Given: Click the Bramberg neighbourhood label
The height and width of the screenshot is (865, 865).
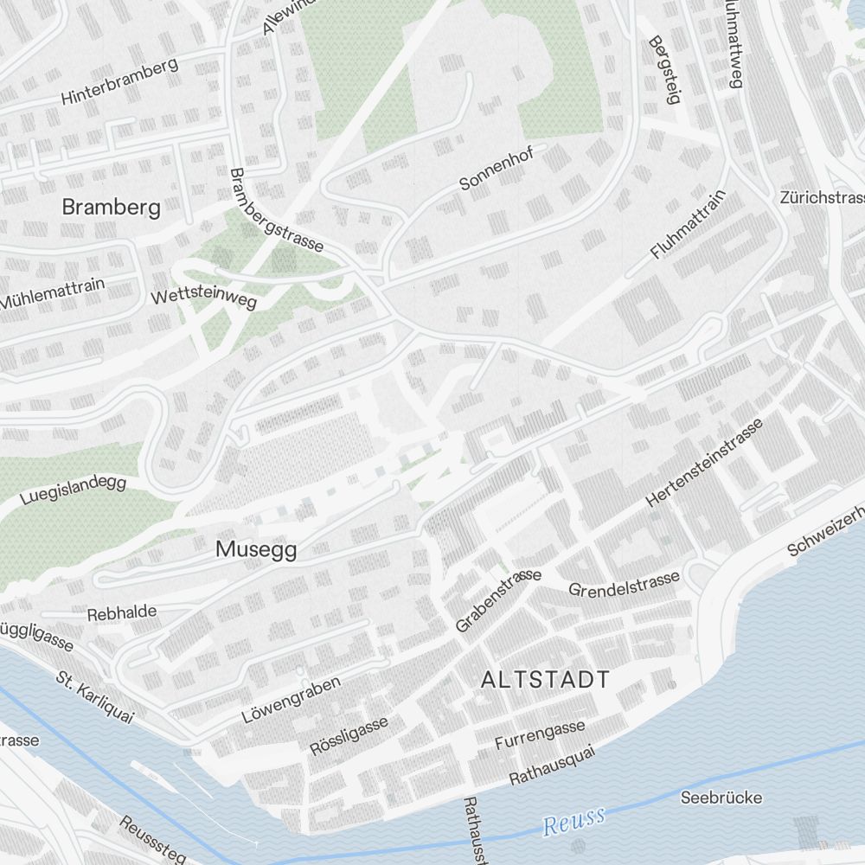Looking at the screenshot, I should pos(112,208).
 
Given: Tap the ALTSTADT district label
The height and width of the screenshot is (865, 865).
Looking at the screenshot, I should pos(545,680).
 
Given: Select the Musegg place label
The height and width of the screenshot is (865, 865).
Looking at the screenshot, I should pos(256,549).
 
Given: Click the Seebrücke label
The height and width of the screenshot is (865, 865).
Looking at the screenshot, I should pos(722,797).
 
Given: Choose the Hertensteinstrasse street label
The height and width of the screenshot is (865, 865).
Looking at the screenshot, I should pos(705,464).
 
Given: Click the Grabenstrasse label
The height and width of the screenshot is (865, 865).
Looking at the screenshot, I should pos(498,599).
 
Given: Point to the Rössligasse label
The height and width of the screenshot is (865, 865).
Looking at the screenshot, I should pos(349,735).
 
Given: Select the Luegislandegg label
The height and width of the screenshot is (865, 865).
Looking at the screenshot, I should pos(73,492).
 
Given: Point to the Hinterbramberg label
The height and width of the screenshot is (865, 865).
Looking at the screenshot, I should pos(119,81).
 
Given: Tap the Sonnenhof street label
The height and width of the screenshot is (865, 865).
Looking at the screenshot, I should pos(497,168).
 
